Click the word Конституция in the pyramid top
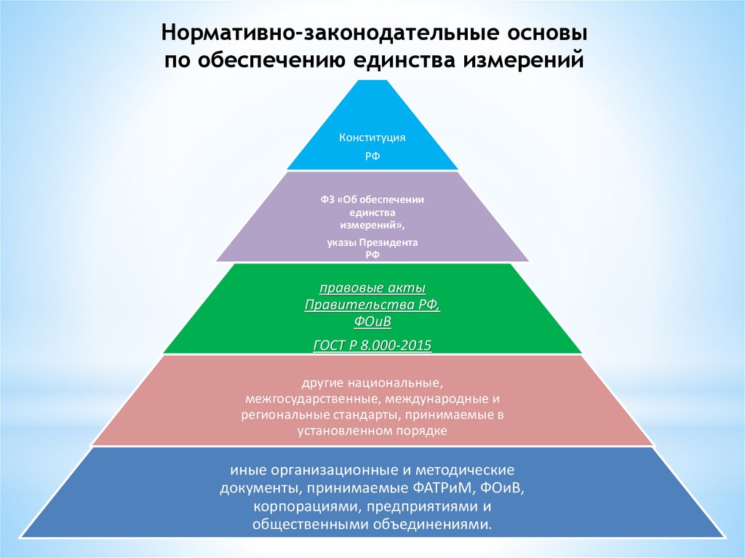pyautogui.click(x=372, y=137)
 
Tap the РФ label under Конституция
pyautogui.click(x=372, y=155)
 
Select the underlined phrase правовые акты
pyautogui.click(x=372, y=288)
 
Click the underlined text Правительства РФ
pyautogui.click(x=372, y=306)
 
